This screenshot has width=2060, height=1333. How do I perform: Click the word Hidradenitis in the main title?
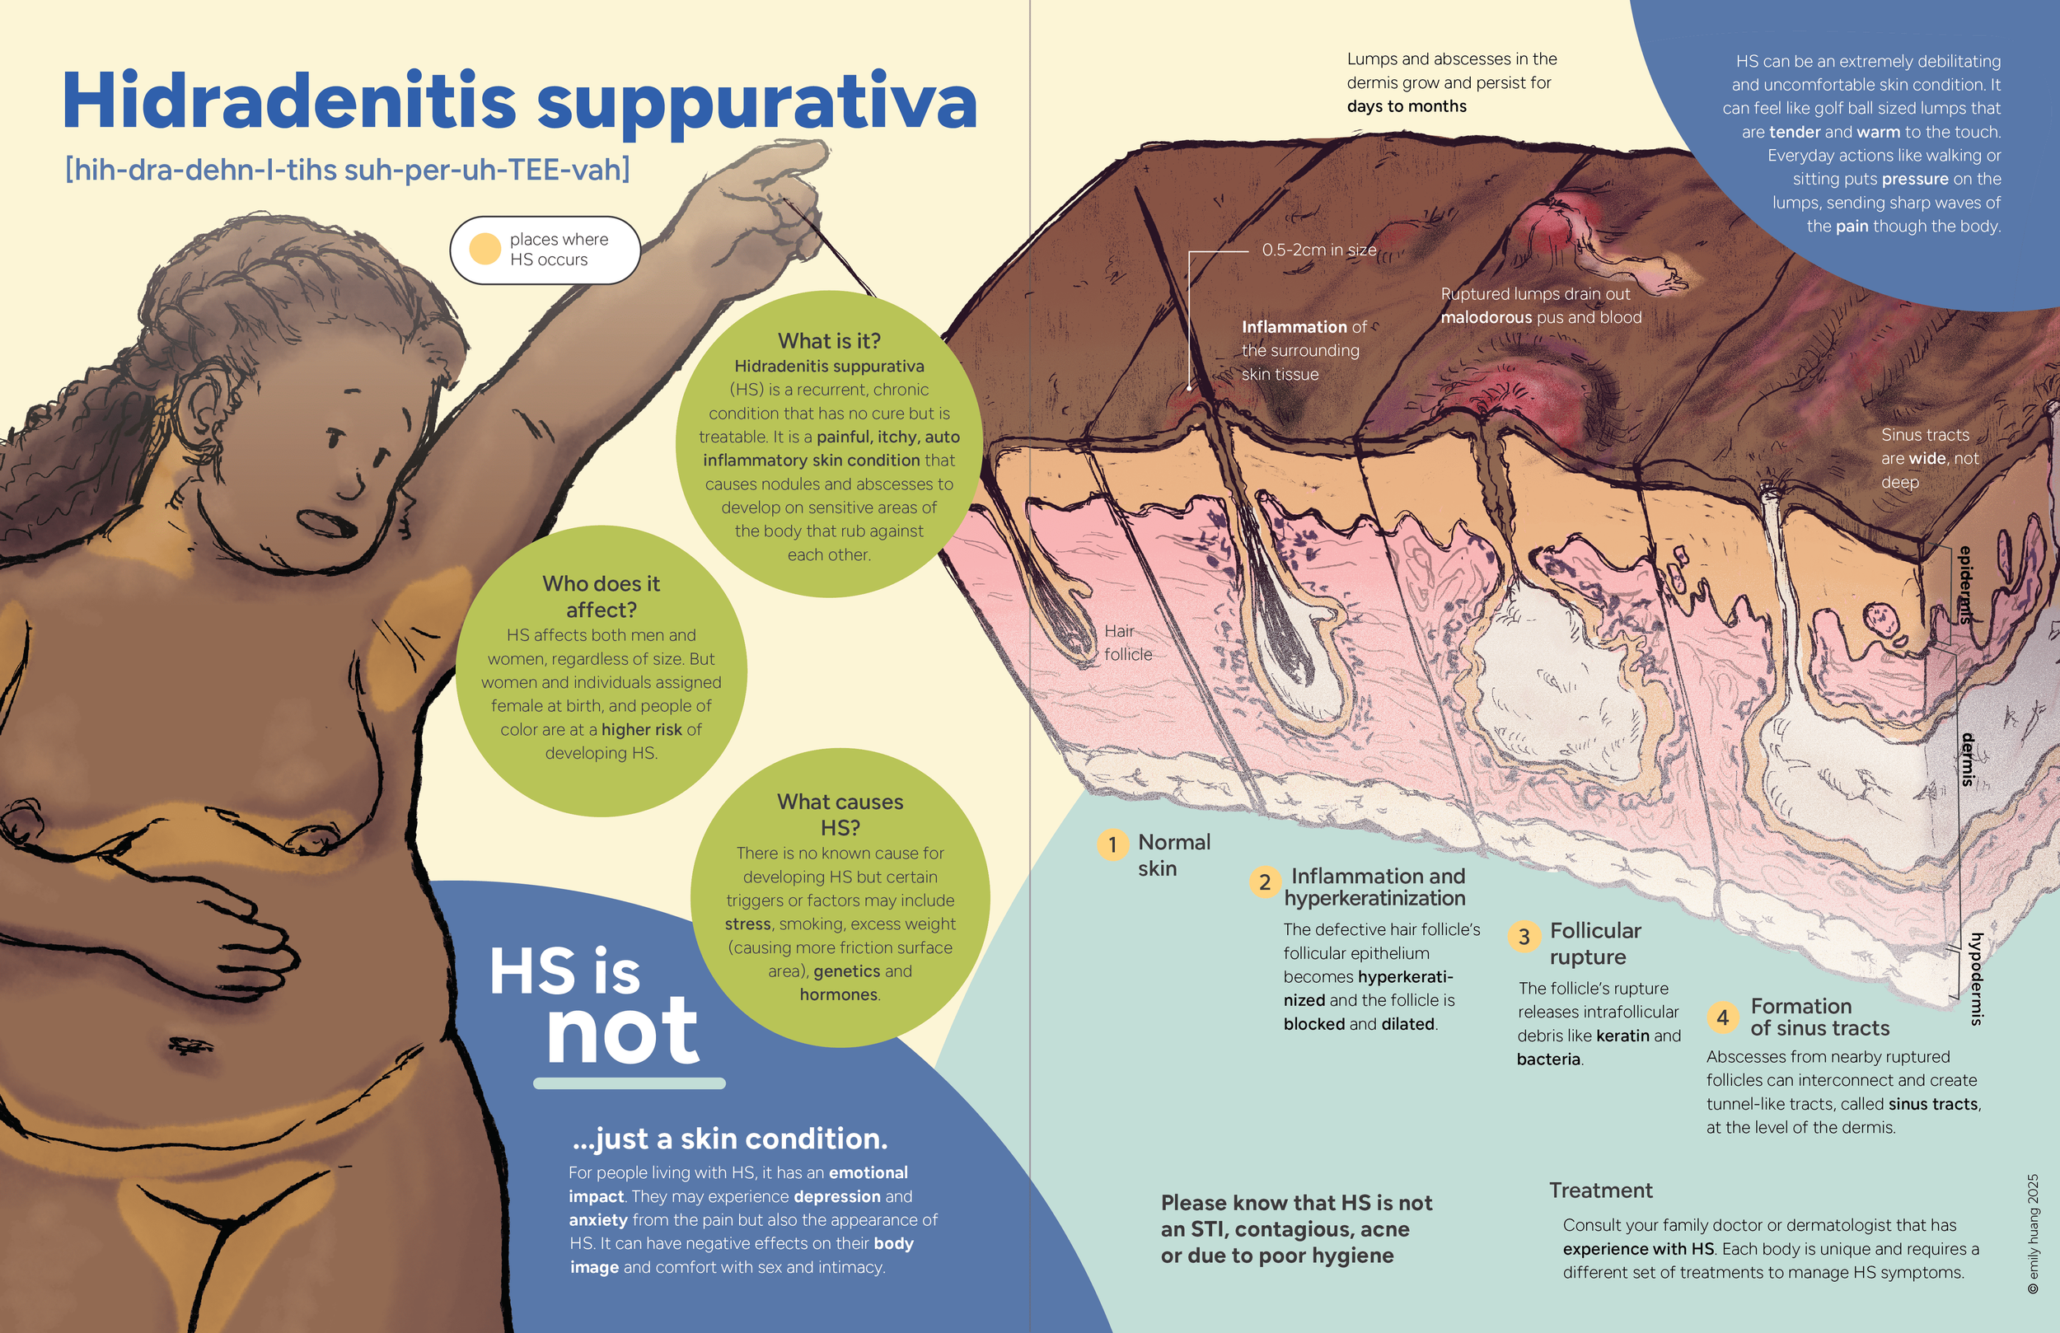point(289,101)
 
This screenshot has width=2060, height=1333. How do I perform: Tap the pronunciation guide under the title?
point(347,169)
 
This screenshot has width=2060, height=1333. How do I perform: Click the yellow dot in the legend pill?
point(485,250)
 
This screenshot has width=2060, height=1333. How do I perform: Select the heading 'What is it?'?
point(828,340)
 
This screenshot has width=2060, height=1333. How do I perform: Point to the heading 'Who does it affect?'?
point(601,596)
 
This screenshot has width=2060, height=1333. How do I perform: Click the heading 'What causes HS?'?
point(840,814)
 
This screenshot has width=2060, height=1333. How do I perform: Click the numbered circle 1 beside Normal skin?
point(1112,844)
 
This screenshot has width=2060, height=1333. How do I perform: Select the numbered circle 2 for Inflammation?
point(1265,882)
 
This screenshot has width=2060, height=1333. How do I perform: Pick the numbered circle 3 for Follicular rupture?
point(1524,937)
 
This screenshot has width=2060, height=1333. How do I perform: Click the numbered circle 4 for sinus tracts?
point(1722,1017)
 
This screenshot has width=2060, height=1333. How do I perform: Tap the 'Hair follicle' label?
point(1127,643)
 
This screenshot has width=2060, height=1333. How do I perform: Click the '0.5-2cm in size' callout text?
point(1318,250)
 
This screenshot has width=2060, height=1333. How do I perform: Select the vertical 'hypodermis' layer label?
point(1976,978)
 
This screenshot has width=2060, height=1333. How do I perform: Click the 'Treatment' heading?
point(1600,1190)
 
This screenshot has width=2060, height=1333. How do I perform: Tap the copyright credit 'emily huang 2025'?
point(2032,1233)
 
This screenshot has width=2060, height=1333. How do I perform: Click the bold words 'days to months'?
point(1407,106)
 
